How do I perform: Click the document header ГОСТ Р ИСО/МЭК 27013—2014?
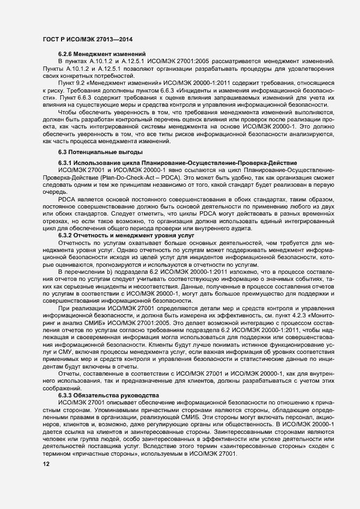coord(88,40)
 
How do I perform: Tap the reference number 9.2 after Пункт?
coord(82,82)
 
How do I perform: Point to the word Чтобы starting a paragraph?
coord(67,110)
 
